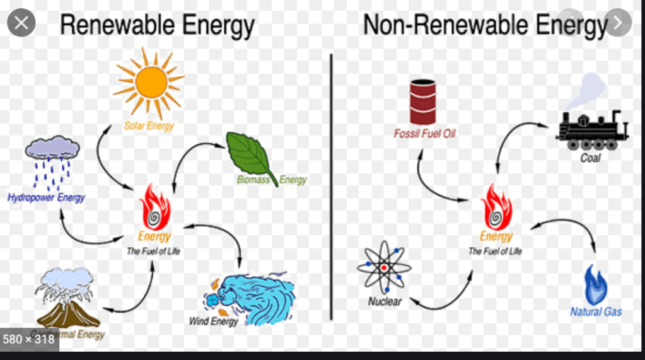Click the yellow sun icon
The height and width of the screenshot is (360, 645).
pyautogui.click(x=149, y=83)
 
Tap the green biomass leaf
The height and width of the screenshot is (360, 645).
pyautogui.click(x=250, y=156)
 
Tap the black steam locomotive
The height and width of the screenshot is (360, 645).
pyautogui.click(x=591, y=131)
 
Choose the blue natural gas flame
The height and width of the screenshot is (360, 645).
pyautogui.click(x=595, y=284)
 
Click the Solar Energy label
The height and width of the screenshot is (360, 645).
pyautogui.click(x=149, y=126)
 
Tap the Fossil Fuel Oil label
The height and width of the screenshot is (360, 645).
pyautogui.click(x=424, y=134)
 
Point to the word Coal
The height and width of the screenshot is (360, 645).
pyautogui.click(x=590, y=158)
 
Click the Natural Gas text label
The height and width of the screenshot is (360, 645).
pyautogui.click(x=596, y=311)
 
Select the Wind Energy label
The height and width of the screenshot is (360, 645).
pyautogui.click(x=214, y=322)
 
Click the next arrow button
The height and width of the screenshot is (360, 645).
pyautogui.click(x=617, y=23)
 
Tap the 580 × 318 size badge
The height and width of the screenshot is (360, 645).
pyautogui.click(x=29, y=339)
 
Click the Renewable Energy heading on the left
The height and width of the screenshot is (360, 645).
pyautogui.click(x=157, y=26)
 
